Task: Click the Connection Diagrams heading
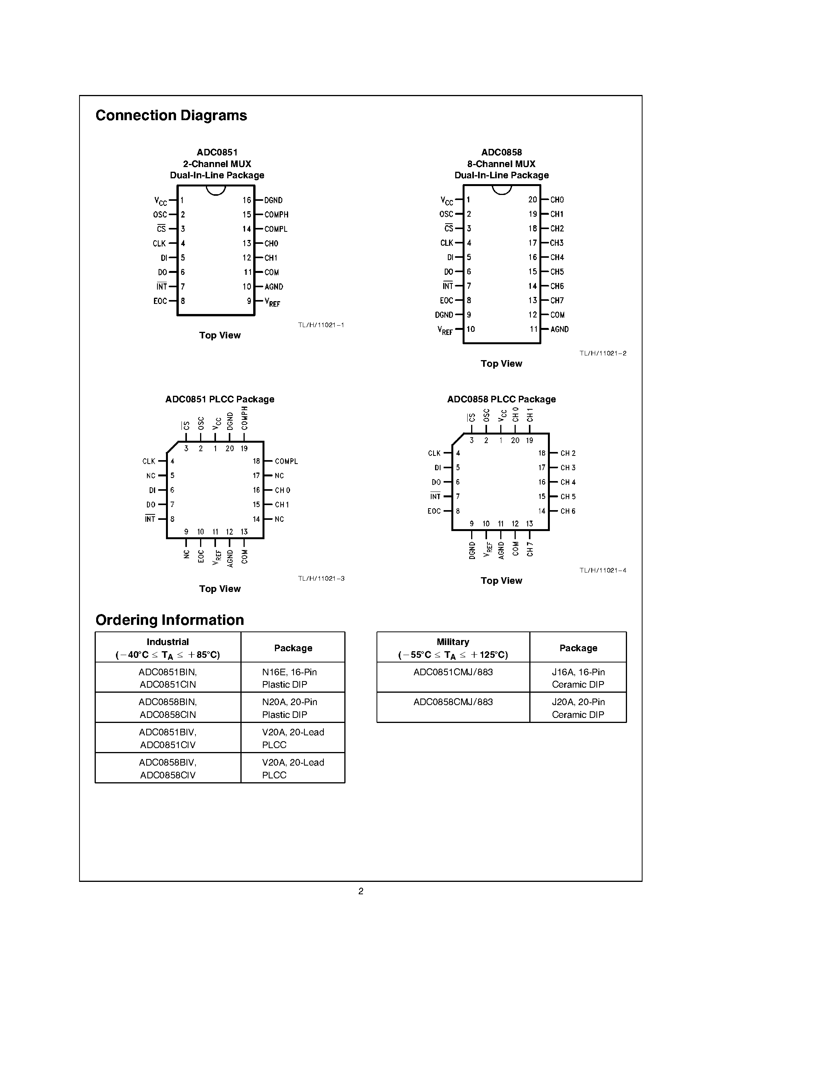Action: [x=171, y=116]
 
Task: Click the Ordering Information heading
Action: [x=169, y=620]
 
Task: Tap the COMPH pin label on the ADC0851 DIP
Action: [x=276, y=215]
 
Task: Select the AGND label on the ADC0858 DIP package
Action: [x=560, y=329]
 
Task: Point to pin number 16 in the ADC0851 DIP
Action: [x=247, y=200]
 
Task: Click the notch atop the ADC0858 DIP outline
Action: [x=502, y=190]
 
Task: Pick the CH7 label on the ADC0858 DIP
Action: [x=557, y=301]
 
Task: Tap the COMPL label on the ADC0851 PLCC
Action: [x=286, y=461]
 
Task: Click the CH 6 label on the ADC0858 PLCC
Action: [x=568, y=511]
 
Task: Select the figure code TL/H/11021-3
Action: [x=321, y=578]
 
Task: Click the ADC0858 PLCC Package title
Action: [x=501, y=399]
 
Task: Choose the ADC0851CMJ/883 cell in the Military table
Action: [x=453, y=673]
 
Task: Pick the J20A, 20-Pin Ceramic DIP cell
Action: [x=578, y=708]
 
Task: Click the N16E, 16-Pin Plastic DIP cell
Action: [x=290, y=678]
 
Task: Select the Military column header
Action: [x=453, y=648]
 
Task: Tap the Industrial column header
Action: [x=168, y=648]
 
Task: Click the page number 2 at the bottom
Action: [x=361, y=891]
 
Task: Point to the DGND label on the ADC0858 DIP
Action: [x=444, y=315]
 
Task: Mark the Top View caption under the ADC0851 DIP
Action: [x=219, y=335]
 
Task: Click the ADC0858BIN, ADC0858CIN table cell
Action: [x=168, y=708]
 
